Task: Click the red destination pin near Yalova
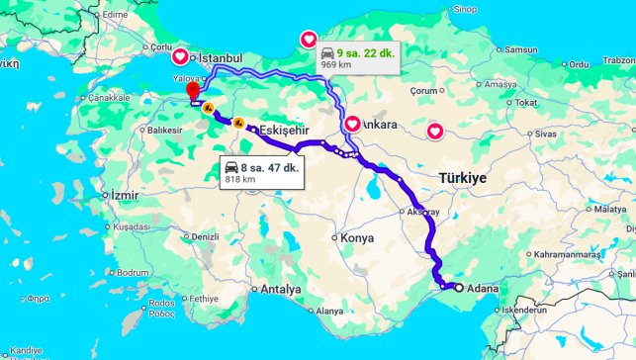click(x=193, y=90)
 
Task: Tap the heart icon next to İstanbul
click(x=180, y=57)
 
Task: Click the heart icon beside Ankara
click(x=352, y=125)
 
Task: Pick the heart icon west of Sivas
click(x=435, y=131)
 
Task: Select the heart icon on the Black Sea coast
click(x=309, y=41)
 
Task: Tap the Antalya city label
click(x=281, y=290)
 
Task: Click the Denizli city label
click(x=204, y=237)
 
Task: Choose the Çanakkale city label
click(x=108, y=98)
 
